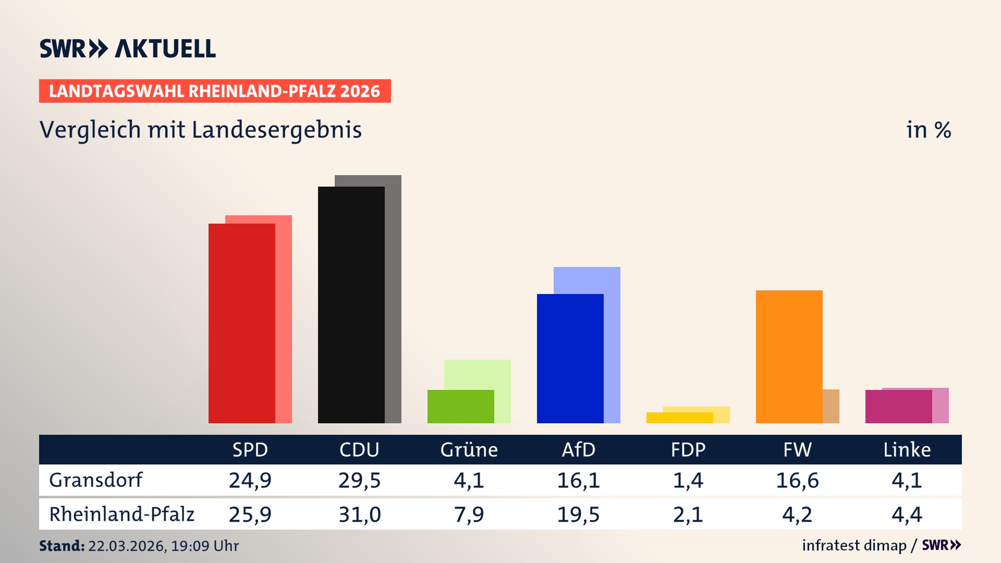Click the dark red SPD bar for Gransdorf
[241, 323]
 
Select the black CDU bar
[351, 305]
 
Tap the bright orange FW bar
[789, 357]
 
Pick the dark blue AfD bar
[570, 359]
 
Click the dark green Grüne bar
[460, 407]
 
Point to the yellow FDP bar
[679, 418]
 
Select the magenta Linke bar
[898, 407]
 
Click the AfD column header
[578, 450]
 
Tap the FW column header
[797, 450]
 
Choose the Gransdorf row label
[95, 480]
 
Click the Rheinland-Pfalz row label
[121, 515]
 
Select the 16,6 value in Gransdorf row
[797, 480]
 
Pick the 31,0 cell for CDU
[359, 515]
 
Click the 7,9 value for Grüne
[469, 515]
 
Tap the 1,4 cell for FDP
[688, 480]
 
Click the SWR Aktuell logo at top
[127, 48]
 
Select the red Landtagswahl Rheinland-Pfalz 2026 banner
[215, 91]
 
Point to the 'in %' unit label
[928, 130]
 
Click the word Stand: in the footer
[62, 546]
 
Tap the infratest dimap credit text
[854, 545]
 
